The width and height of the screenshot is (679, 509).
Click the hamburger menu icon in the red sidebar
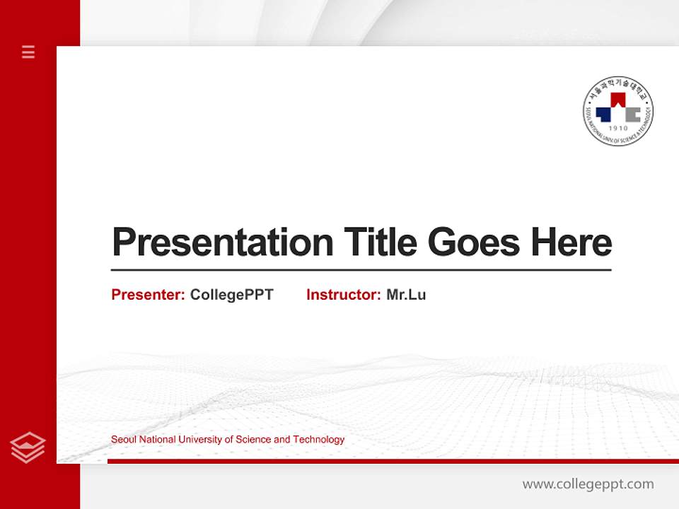coord(28,52)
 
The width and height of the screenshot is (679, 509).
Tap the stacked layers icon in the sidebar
coord(28,447)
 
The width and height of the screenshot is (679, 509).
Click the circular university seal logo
coord(618,111)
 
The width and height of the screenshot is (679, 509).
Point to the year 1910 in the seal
coord(618,129)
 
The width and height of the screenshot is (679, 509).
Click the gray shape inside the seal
coord(630,114)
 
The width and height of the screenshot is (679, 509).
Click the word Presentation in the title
coord(222,242)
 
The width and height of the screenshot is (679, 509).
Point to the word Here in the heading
coord(571,242)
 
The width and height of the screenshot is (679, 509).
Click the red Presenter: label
coord(148,295)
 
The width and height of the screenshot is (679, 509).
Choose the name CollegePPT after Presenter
coord(231,295)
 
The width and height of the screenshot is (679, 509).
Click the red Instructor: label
coord(343,295)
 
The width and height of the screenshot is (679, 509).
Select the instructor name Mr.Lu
coord(406,295)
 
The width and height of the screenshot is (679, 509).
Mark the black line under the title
coord(361,270)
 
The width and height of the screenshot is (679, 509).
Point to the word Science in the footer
coord(252,440)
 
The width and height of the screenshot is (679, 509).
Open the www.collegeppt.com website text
coord(588,484)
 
